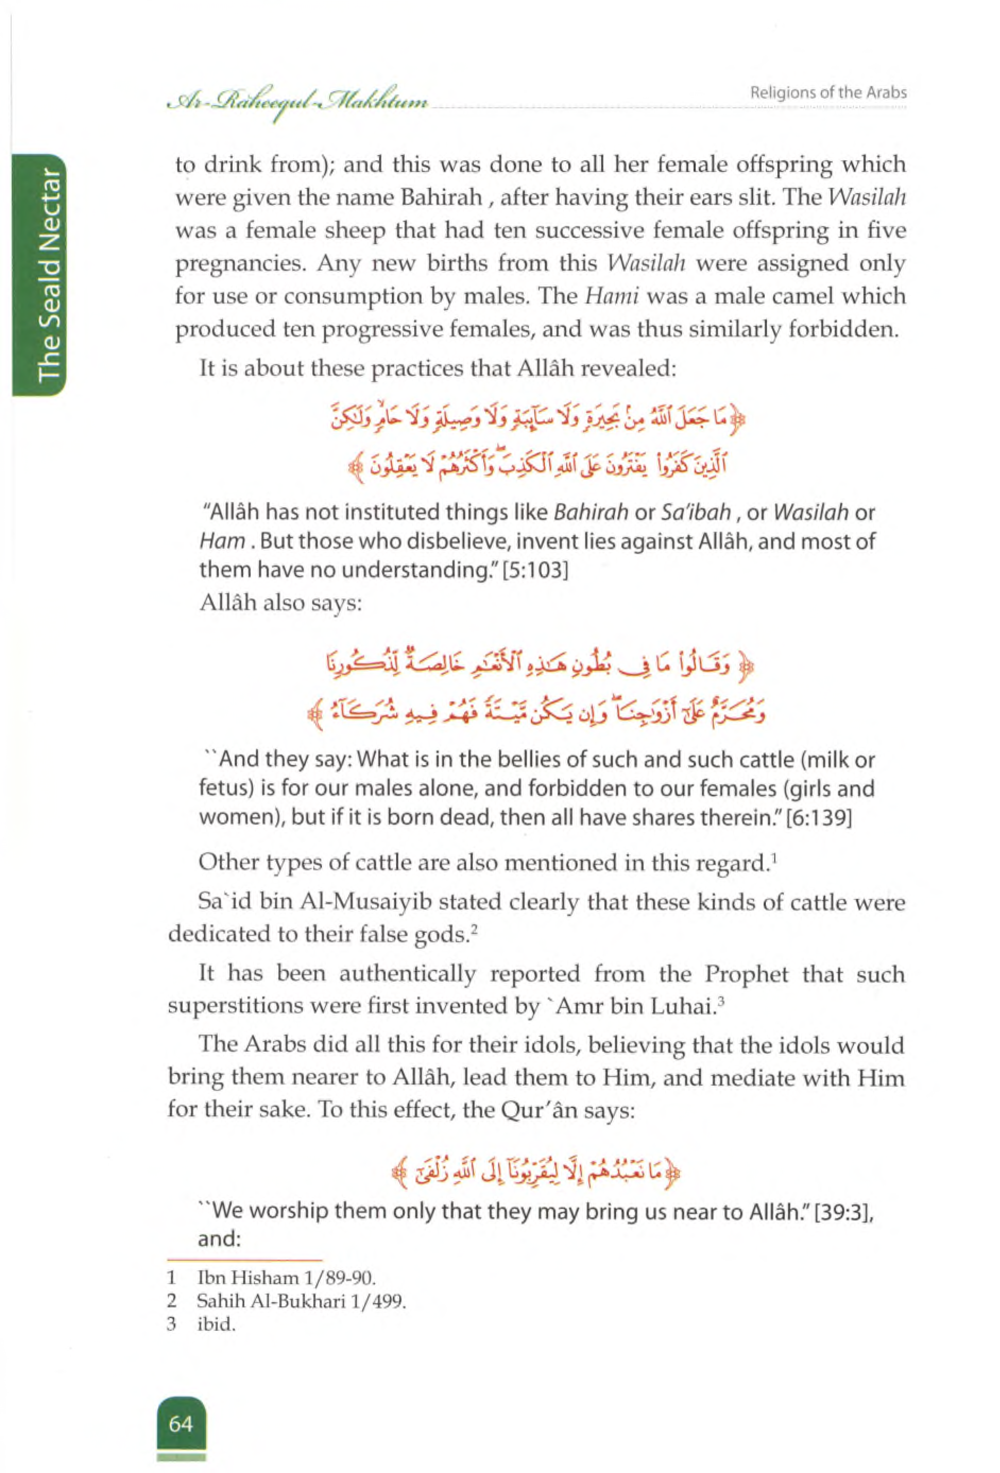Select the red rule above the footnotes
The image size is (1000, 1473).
[245, 1261]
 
